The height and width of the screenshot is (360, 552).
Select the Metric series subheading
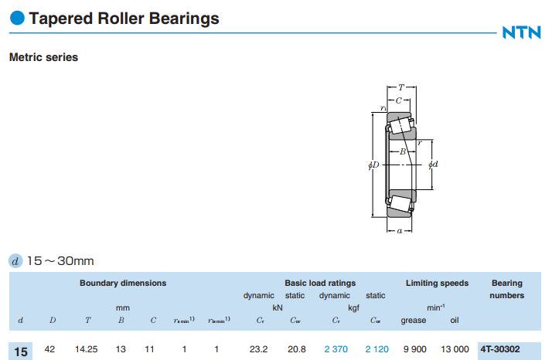(43, 57)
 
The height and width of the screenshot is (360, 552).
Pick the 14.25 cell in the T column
(87, 350)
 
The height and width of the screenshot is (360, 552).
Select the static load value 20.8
(295, 350)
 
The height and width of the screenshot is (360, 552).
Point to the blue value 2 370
(336, 350)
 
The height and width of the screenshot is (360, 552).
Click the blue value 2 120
(377, 350)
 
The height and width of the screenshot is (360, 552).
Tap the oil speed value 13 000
(453, 350)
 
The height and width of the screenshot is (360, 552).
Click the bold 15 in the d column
(21, 352)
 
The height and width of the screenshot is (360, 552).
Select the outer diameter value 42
(50, 350)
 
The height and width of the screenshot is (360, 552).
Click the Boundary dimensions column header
(123, 283)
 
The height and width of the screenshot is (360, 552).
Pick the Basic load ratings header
(320, 283)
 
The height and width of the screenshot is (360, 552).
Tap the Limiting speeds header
(437, 283)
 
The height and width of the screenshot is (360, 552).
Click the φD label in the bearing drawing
(373, 165)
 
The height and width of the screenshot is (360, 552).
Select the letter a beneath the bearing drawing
(398, 229)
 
